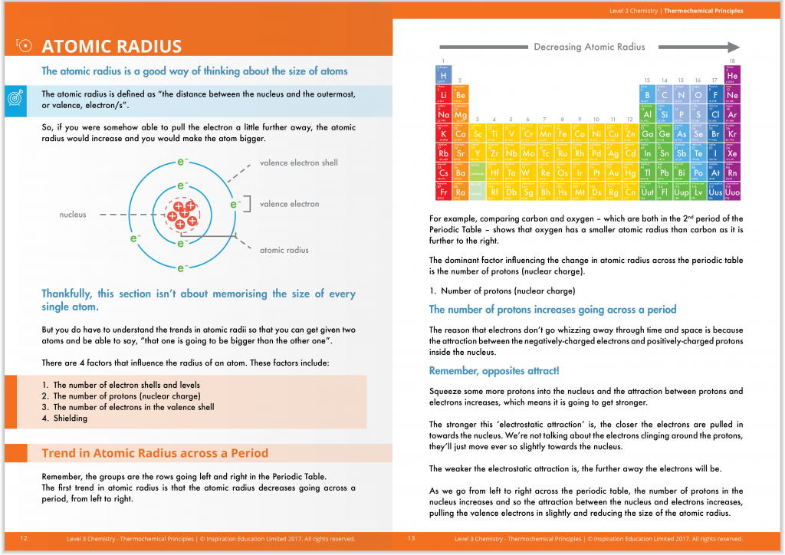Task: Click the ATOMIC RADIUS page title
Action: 111,47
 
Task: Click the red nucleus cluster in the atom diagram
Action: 182,215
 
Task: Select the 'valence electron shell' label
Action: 298,163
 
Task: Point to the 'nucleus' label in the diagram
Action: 73,215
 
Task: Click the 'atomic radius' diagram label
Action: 284,250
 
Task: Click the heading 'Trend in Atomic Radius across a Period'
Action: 155,453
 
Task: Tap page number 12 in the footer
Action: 24,539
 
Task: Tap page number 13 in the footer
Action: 412,539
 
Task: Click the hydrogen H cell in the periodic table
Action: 443,75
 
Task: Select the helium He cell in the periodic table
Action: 732,75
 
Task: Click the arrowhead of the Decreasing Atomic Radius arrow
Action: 733,47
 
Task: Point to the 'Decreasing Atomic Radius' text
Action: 589,47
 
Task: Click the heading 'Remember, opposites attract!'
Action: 494,371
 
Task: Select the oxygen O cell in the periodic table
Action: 698,95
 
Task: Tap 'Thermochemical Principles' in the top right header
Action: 703,11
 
